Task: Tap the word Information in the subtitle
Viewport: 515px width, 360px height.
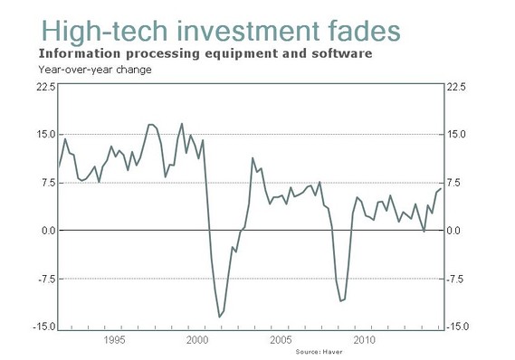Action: click(x=77, y=53)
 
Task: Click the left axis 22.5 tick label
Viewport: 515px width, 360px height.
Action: click(x=46, y=87)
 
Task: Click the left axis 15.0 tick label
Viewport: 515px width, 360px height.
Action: click(x=46, y=135)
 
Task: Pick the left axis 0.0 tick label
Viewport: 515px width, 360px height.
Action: click(x=48, y=231)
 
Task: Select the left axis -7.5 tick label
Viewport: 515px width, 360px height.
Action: click(x=46, y=279)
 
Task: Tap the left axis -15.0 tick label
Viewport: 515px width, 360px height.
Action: click(x=44, y=327)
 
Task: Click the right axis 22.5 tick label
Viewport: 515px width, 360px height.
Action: click(x=456, y=87)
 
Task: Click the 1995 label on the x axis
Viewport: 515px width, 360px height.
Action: click(x=114, y=340)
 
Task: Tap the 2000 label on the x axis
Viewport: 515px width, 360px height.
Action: click(x=198, y=340)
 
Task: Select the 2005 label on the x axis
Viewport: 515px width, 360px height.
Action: click(x=281, y=340)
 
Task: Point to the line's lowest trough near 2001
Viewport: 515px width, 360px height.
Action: click(x=219, y=317)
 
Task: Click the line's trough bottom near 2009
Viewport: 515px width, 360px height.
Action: click(x=340, y=300)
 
